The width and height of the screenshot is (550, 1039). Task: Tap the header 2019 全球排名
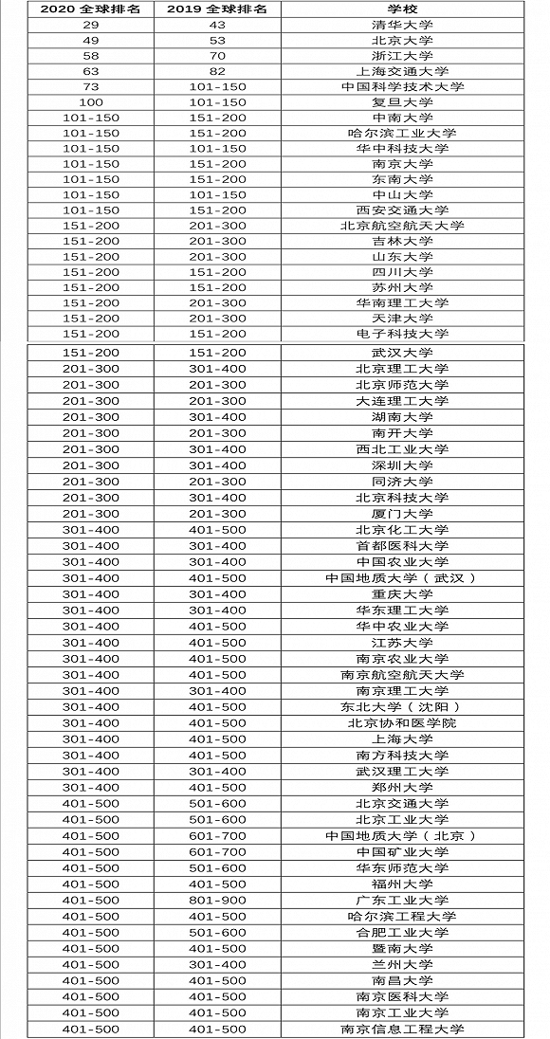[217, 9]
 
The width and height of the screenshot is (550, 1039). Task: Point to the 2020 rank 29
[91, 26]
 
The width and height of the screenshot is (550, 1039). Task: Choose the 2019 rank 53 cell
[217, 41]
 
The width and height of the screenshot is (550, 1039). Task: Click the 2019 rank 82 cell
[217, 71]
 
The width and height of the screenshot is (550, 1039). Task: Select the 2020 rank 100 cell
[91, 102]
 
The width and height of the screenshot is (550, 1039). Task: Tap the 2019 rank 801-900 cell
[217, 900]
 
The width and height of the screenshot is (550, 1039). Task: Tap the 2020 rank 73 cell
[91, 87]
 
